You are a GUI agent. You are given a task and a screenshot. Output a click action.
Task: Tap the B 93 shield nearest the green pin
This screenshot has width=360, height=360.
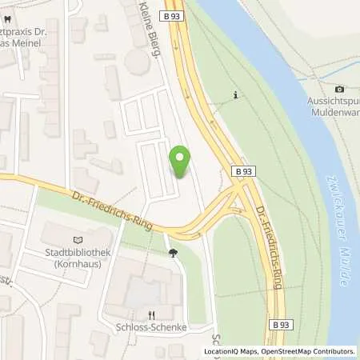[x=245, y=171]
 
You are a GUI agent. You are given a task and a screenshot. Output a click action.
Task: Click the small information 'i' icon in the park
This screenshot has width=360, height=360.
[x=236, y=96]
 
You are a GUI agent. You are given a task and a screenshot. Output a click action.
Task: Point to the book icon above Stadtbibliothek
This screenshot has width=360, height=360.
[x=78, y=238]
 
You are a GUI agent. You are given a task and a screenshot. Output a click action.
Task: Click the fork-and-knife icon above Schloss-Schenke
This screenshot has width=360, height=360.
[x=150, y=315]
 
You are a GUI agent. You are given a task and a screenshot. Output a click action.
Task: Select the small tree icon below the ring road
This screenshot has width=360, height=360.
[x=172, y=254]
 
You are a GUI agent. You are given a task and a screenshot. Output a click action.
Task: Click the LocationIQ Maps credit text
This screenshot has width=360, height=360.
[x=230, y=351]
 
